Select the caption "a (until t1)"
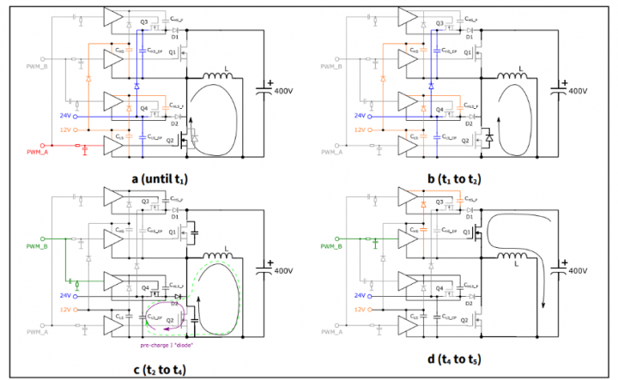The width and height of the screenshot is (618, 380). click(x=160, y=179)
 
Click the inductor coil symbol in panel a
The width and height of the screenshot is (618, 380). click(x=219, y=81)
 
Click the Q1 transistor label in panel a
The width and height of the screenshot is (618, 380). click(x=173, y=51)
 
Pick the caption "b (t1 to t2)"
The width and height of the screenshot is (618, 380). click(x=467, y=179)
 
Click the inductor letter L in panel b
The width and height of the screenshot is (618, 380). click(x=520, y=68)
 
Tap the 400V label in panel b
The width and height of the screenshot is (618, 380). click(x=579, y=90)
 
